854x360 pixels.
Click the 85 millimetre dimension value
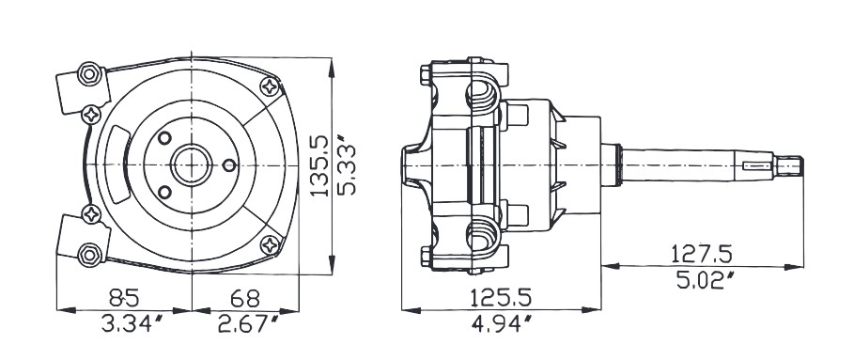pyautogui.click(x=124, y=298)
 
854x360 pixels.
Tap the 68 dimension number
pyautogui.click(x=245, y=298)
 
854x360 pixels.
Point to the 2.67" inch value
pyautogui.click(x=248, y=324)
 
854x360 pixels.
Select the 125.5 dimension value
pyautogui.click(x=501, y=298)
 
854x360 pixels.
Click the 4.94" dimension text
pyautogui.click(x=501, y=324)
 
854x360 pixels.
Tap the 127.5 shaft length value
pyautogui.click(x=702, y=254)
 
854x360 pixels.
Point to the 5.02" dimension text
pyautogui.click(x=706, y=280)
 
